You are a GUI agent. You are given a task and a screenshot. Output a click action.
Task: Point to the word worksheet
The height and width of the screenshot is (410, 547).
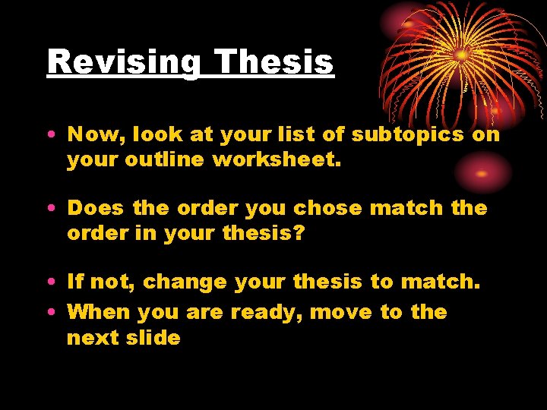(296, 160)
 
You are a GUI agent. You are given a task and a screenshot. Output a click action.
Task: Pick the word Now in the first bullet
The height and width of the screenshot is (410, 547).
(96, 135)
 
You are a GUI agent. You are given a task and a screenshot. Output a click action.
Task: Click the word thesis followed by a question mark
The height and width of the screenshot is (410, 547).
(261, 233)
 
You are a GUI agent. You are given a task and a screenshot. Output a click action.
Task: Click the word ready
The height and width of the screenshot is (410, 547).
(262, 313)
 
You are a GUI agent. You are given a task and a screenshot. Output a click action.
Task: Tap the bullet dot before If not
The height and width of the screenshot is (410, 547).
(50, 282)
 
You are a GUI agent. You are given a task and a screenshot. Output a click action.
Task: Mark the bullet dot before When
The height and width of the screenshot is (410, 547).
(50, 312)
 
